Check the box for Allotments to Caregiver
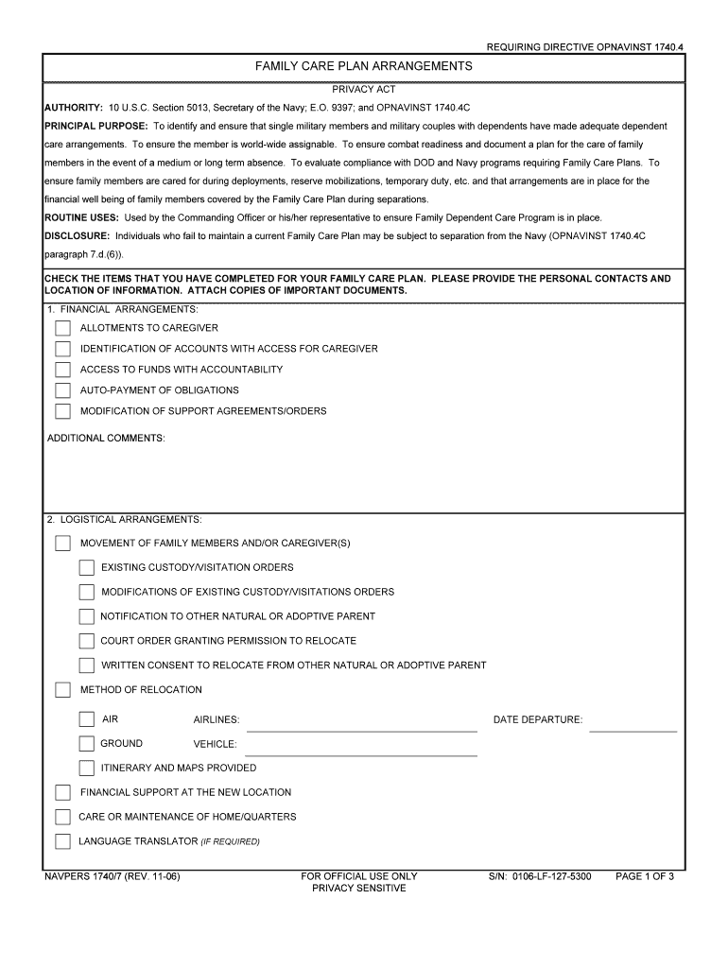point(62,328)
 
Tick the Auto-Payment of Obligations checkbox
point(62,390)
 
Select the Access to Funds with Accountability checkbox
point(62,370)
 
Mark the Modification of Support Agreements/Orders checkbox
point(62,411)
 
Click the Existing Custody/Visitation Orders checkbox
point(86,568)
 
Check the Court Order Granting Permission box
point(86,641)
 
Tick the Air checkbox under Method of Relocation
point(86,719)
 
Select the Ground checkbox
point(86,744)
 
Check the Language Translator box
point(62,841)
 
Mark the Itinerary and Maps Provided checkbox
point(86,769)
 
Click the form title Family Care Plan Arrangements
point(364,67)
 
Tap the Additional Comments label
point(106,439)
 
